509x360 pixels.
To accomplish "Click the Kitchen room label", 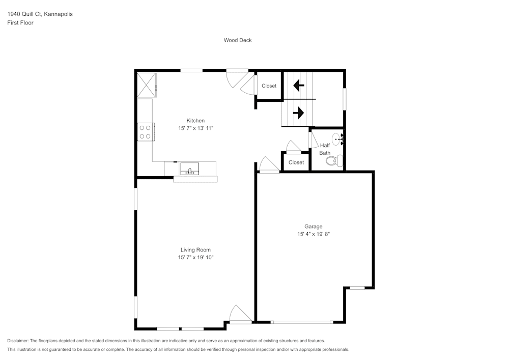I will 195,121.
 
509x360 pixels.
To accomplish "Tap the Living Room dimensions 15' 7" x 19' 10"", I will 195,258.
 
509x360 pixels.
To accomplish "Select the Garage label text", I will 313,227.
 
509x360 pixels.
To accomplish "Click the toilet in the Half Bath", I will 333,161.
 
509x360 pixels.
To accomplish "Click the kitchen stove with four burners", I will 145,132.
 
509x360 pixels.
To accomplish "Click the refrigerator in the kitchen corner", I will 147,85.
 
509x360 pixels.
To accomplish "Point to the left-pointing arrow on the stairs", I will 299,85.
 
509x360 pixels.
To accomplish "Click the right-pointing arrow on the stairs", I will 299,112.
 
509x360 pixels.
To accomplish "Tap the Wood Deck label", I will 238,40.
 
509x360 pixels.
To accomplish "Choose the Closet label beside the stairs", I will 269,86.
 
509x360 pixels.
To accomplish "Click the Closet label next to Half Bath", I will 296,162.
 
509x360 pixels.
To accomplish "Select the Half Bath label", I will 325,149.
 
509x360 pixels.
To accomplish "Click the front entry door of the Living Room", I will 240,315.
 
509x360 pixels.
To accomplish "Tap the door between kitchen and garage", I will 269,166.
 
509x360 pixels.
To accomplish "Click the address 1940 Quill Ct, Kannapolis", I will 40,14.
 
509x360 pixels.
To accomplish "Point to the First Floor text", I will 20,23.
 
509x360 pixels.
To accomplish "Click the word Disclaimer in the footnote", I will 18,341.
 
